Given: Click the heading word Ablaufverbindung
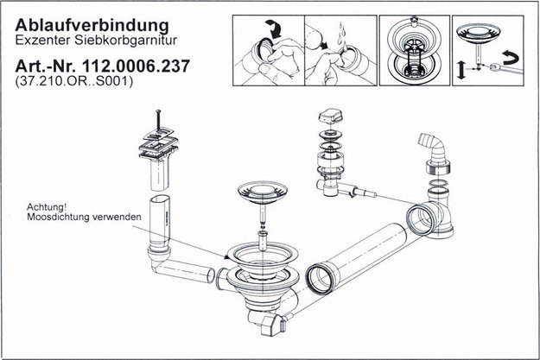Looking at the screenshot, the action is (x=92, y=26).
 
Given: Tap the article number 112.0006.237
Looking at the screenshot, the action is (x=137, y=66).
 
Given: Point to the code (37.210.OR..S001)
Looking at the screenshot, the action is (x=73, y=81).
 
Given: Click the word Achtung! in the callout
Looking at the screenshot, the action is (x=47, y=207).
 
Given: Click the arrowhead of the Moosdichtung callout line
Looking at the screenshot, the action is (x=227, y=256).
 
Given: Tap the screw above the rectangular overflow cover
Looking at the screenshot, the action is (x=158, y=120).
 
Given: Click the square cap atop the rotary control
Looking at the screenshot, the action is (x=330, y=116).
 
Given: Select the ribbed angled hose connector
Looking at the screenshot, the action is (x=432, y=146).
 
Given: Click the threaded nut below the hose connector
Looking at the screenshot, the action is (x=438, y=167).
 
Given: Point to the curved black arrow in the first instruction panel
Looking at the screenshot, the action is (x=274, y=28).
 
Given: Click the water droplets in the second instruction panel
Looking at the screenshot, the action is (x=340, y=35).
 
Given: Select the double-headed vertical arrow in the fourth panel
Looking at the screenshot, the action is (x=461, y=70).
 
